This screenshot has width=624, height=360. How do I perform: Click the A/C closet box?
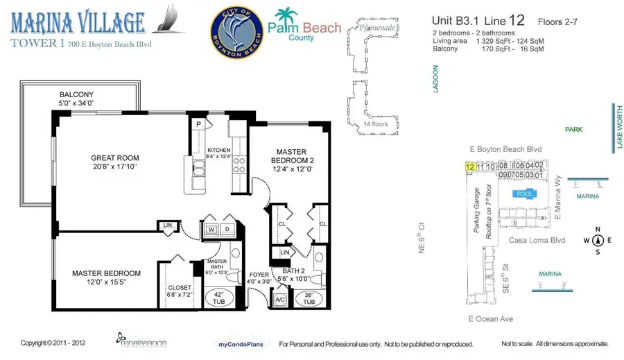point(280,300)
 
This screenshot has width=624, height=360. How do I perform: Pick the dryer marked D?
point(226,230)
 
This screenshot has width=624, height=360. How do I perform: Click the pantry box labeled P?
point(198,124)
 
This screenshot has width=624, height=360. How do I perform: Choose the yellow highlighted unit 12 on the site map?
point(470,166)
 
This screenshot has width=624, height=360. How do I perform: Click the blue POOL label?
point(525,194)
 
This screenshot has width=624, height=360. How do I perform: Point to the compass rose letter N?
point(596,229)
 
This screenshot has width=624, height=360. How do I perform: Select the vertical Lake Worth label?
point(614,126)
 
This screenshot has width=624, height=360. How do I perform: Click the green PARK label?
point(573,130)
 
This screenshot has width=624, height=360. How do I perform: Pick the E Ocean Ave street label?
point(489,319)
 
